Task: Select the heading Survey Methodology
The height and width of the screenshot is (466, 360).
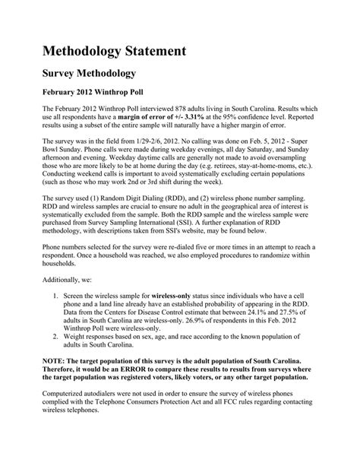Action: (x=88, y=74)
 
